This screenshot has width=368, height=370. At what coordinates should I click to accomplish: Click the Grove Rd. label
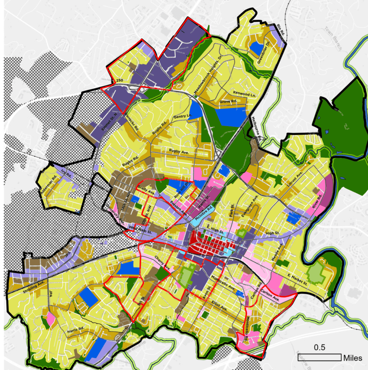tap(228, 102)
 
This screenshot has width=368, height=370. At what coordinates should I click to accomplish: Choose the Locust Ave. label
tap(295, 177)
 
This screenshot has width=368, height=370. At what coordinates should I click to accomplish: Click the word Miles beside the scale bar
tap(353, 358)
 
